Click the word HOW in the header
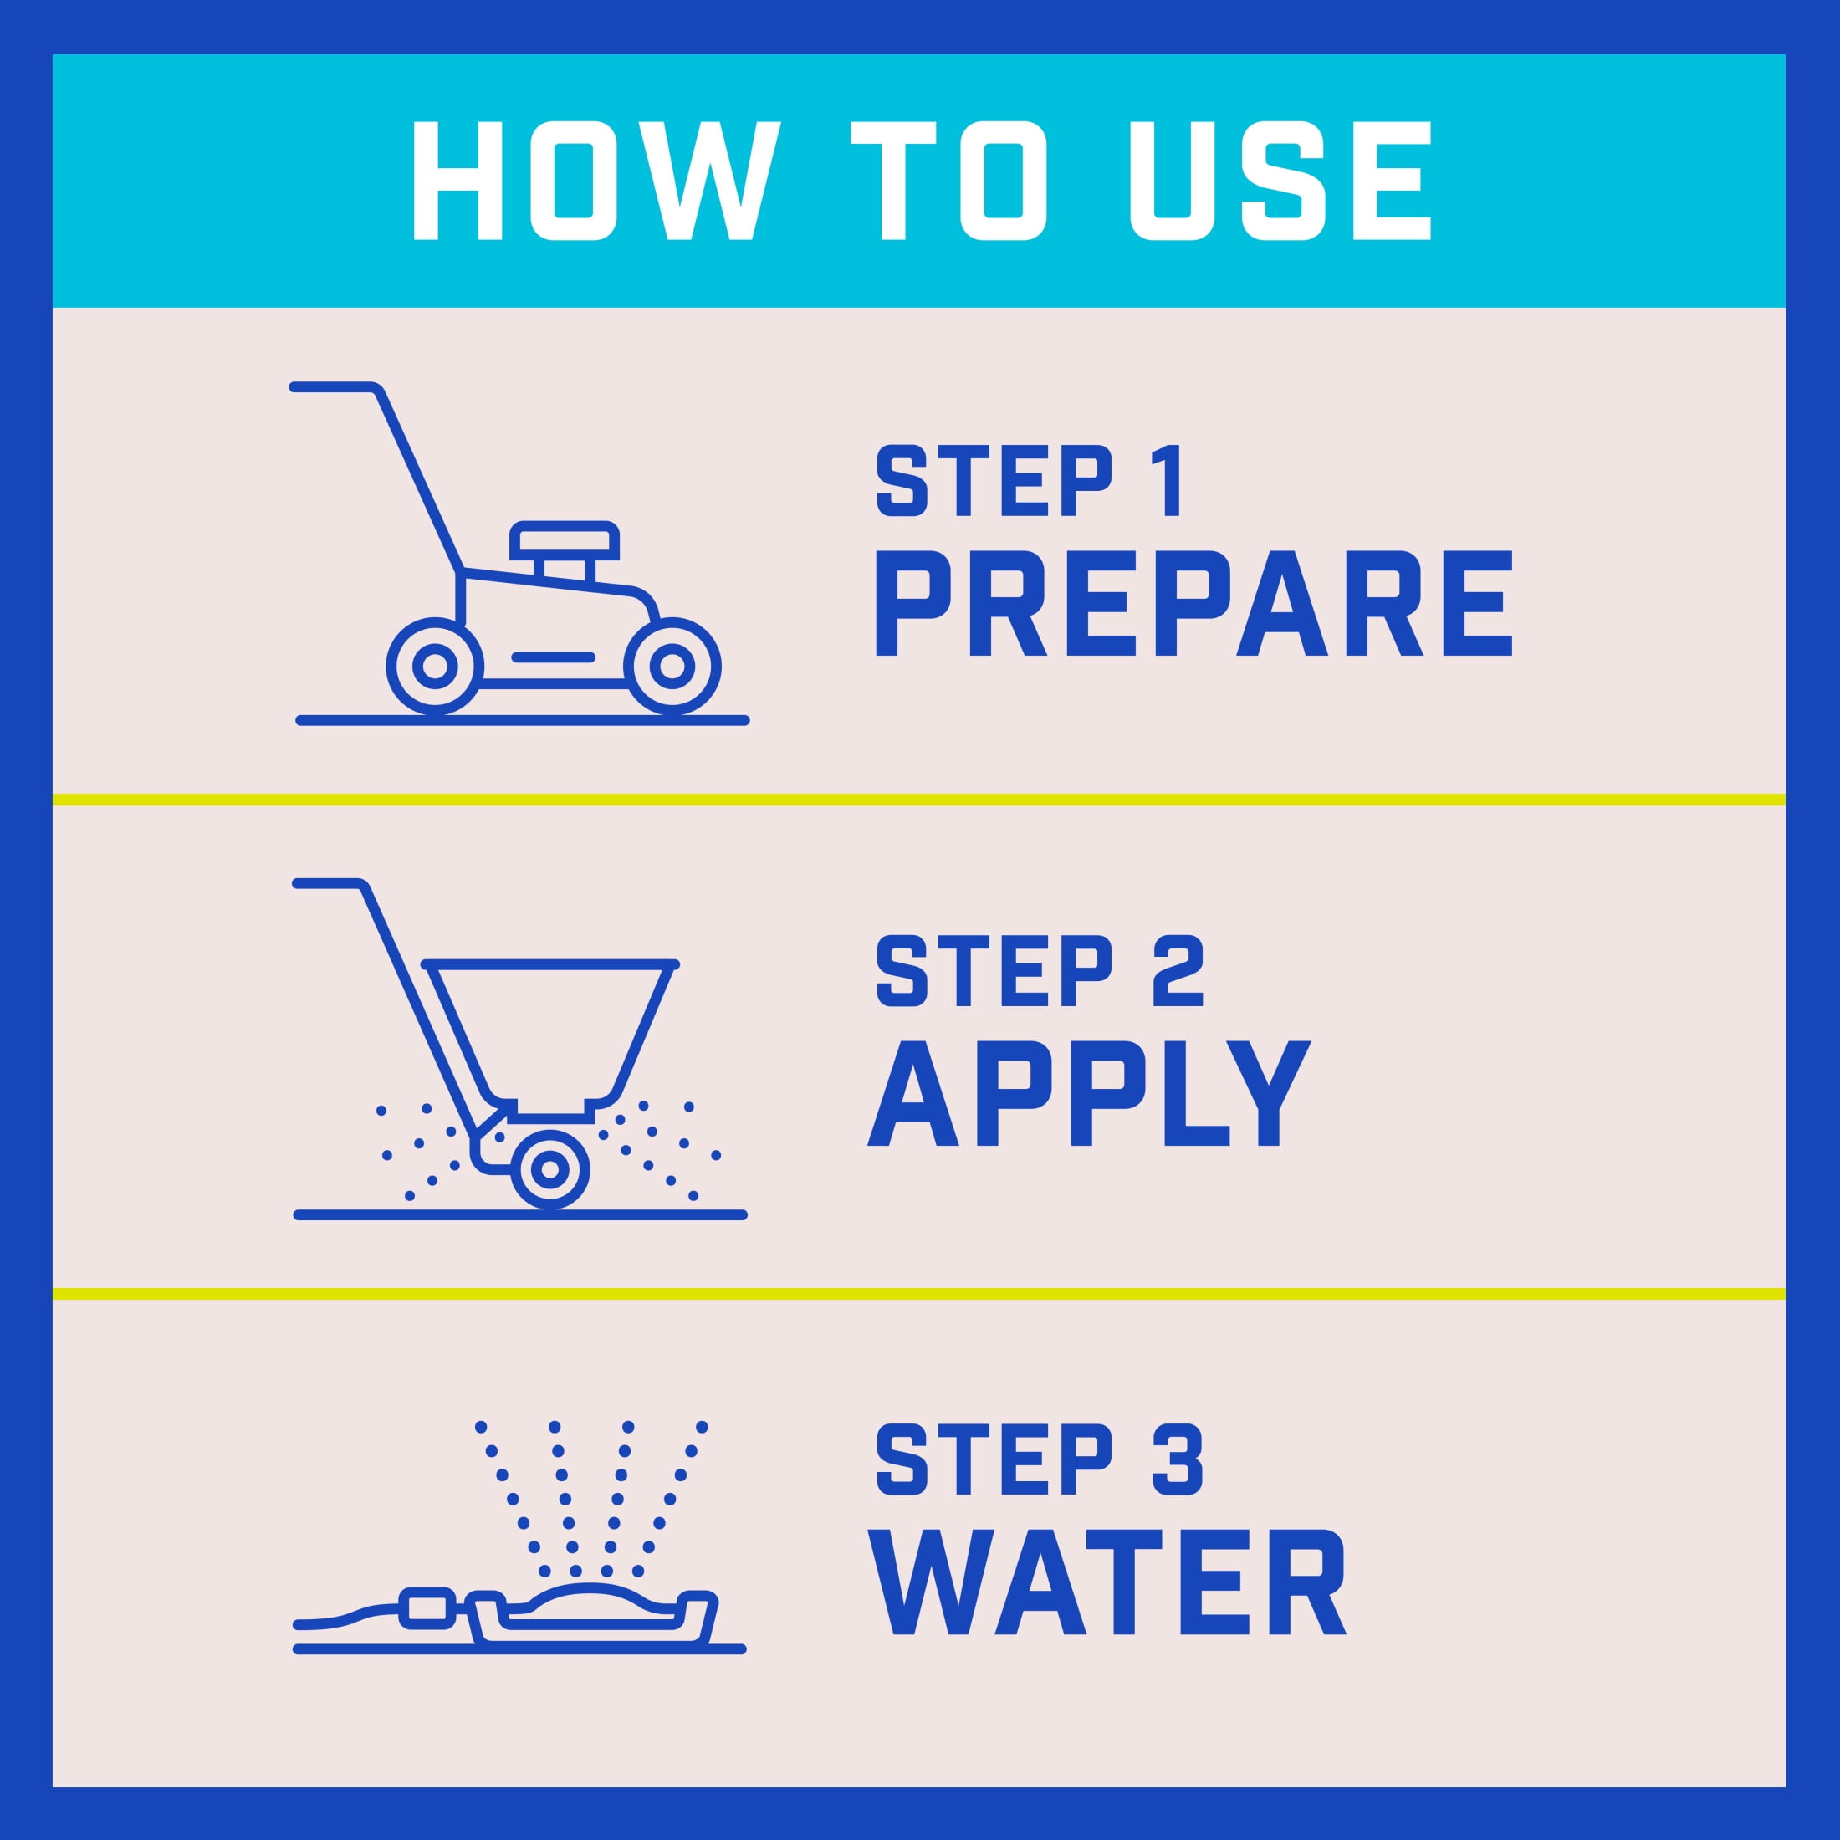tap(596, 180)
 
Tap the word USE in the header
tap(1281, 180)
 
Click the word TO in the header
tap(949, 180)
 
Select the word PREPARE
tap(1193, 604)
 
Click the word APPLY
tap(1090, 1092)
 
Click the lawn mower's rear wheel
tap(435, 666)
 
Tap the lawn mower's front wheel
tap(672, 666)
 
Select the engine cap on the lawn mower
tap(565, 542)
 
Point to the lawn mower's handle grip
tap(332, 387)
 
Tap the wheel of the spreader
tap(549, 1169)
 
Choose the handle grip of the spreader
tap(329, 884)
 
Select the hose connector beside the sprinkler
tap(427, 1607)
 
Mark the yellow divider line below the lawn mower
tap(919, 799)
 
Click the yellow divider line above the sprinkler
tap(919, 1293)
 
